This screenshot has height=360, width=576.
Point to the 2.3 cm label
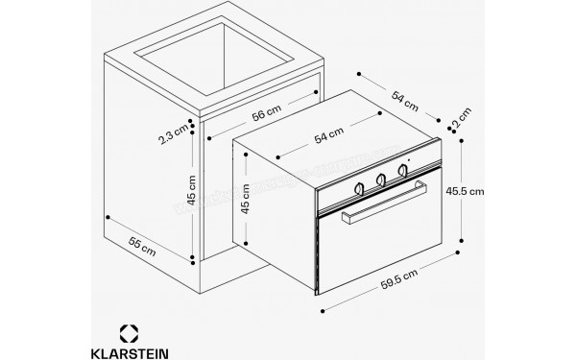click(x=173, y=136)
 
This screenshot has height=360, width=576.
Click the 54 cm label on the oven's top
click(x=329, y=137)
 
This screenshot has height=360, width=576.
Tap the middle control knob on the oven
click(x=381, y=179)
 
